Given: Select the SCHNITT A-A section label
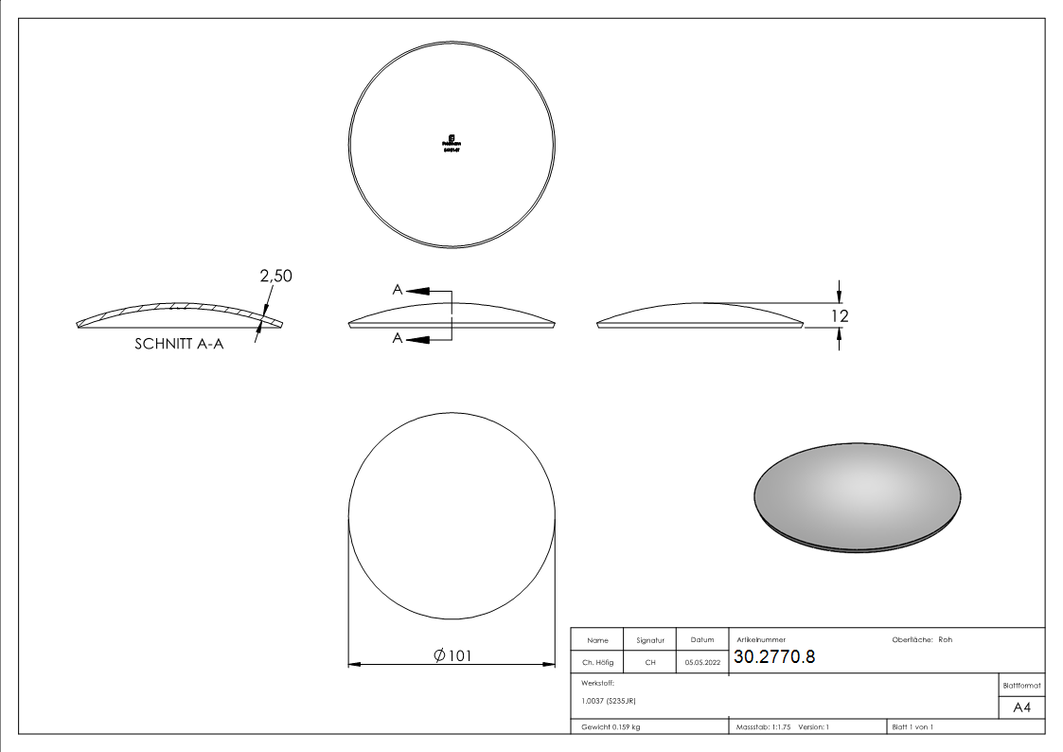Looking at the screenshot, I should point(179,346).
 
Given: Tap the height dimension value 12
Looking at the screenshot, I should point(840,316).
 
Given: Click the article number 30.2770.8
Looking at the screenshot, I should point(774,657).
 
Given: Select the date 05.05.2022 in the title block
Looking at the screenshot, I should point(702,663).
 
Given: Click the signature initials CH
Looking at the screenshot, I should point(650,663).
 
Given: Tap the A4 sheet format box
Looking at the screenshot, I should point(1021,707).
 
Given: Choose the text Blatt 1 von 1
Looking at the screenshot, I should point(912,726).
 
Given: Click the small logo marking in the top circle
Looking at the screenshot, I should point(452,142).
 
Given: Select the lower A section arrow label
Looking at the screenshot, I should point(399,338).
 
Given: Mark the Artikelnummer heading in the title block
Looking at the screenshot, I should point(760,640).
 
